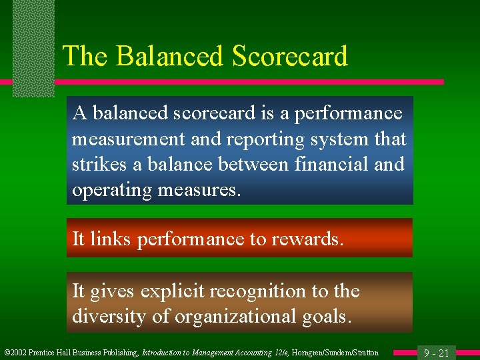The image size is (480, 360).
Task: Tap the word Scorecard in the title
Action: (290, 56)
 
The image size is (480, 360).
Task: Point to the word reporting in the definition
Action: (267, 139)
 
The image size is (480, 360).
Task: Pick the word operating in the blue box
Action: (112, 190)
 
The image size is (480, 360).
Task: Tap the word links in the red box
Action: (111, 238)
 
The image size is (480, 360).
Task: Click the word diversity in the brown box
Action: (109, 316)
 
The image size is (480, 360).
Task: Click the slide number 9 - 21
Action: (434, 353)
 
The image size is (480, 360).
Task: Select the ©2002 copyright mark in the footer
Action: (15, 353)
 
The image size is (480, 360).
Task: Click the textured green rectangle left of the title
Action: (33, 47)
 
